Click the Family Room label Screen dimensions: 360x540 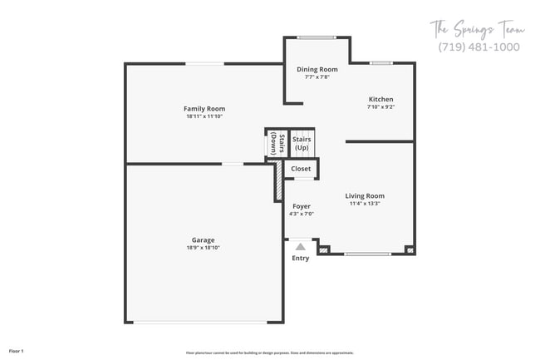(204, 109)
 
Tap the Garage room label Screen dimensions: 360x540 (204, 240)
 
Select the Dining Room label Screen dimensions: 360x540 (317, 69)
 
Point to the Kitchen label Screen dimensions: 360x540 (380, 99)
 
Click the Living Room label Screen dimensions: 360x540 (365, 196)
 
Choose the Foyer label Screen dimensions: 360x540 (301, 206)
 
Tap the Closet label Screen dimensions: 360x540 (301, 169)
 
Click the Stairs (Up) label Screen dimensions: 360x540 (302, 143)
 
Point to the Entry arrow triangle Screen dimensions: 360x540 (301, 246)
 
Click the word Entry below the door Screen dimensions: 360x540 (301, 258)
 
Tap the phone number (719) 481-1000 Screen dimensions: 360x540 (479, 47)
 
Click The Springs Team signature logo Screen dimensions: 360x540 (478, 29)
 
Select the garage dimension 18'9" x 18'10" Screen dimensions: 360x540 (204, 248)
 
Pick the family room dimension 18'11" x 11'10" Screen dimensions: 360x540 (204, 116)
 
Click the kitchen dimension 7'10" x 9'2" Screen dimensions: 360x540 (380, 106)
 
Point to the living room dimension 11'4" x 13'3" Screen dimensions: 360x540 (365, 204)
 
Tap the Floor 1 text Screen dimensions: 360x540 (17, 352)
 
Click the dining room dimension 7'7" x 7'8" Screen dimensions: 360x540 (317, 76)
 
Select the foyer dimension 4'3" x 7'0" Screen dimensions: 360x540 (301, 214)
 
